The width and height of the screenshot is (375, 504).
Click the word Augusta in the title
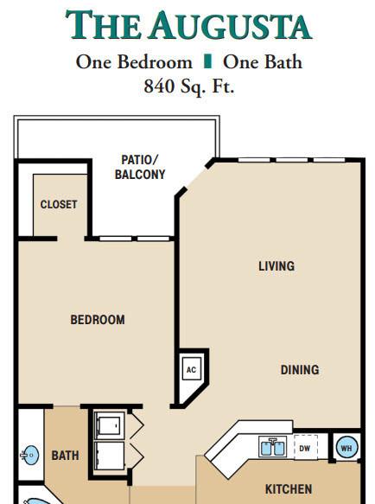(230, 25)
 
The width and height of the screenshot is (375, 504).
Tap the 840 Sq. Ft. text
(189, 86)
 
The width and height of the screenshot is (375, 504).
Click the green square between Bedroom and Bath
(207, 61)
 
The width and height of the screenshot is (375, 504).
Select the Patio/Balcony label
(140, 167)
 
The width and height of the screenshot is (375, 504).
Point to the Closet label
(59, 204)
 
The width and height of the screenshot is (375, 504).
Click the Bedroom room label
(98, 320)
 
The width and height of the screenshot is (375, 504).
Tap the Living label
(276, 266)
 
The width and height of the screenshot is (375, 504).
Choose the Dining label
(300, 370)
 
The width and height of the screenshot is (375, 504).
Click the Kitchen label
(289, 489)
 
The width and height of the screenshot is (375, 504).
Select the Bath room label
(65, 456)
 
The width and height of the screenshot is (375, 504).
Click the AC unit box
(191, 369)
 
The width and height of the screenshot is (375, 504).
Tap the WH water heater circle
(346, 448)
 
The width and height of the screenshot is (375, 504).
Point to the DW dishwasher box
(305, 448)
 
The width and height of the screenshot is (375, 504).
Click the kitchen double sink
(273, 447)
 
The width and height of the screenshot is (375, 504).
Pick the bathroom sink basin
(30, 455)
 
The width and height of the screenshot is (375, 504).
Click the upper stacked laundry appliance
(109, 425)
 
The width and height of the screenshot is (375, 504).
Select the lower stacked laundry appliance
(109, 456)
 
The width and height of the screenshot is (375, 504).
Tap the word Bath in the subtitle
(283, 61)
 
